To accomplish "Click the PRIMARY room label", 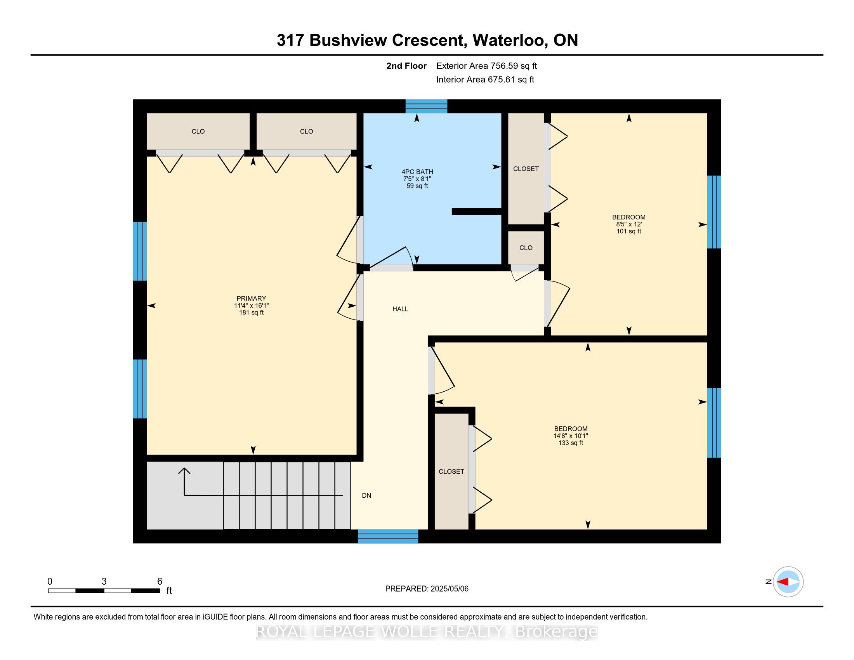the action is pos(251,298).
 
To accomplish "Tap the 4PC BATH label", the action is pos(417,172).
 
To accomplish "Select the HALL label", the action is pos(401,309).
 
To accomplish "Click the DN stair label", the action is pos(366,495).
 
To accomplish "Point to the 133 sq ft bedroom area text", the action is pos(571,443).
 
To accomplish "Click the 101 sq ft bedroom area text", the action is pos(629,231).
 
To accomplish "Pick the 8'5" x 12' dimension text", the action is pos(629,224).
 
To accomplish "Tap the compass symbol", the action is pos(788,582).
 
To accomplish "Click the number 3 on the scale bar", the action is pos(104,582).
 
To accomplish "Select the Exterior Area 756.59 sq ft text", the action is pos(486,66).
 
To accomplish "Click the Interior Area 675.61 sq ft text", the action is pos(485,80).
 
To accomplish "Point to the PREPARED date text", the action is pos(427,589).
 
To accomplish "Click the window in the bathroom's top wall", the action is pos(426,106).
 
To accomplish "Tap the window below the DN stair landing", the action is pos(388,537).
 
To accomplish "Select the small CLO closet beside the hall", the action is pos(526,248).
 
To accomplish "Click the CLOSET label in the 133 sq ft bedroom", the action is pos(451,472).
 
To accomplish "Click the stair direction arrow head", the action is pos(184,471).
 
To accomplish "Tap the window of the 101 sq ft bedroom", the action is pos(714,212).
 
